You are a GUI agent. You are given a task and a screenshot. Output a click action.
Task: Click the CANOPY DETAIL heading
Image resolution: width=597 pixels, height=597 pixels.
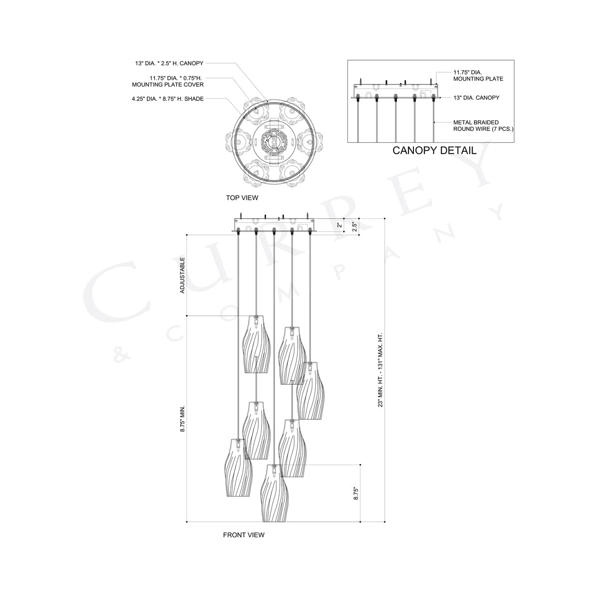tap(434, 150)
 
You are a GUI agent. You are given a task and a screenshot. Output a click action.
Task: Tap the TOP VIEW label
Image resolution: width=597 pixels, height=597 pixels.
tap(242, 198)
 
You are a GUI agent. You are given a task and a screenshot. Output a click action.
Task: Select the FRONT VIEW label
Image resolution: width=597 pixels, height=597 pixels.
tap(243, 535)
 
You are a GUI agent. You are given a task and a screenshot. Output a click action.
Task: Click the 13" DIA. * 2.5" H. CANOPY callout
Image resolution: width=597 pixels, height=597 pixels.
tap(169, 63)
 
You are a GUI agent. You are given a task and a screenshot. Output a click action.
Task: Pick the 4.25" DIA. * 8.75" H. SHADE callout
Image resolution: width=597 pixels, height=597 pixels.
tap(164, 99)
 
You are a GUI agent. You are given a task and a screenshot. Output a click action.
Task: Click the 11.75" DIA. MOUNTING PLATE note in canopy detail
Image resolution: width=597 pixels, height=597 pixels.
tap(478, 75)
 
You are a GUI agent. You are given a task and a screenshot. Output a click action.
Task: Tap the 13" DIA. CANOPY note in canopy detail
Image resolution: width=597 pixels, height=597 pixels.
tap(476, 98)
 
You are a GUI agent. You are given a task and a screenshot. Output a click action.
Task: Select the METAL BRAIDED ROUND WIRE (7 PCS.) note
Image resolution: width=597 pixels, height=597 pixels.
tap(483, 125)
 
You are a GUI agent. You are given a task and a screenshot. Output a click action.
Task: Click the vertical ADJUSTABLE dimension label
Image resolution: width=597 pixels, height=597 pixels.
tap(183, 275)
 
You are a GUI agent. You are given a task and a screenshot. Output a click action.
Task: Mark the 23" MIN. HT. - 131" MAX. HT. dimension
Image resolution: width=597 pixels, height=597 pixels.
tap(381, 369)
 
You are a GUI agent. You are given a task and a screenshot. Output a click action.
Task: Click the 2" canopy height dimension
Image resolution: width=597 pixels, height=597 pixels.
tap(340, 225)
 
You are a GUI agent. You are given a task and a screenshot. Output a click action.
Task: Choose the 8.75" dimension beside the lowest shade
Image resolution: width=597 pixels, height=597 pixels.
tap(355, 493)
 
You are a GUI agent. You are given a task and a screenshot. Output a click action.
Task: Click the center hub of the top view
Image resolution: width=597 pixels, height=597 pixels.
tap(272, 142)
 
